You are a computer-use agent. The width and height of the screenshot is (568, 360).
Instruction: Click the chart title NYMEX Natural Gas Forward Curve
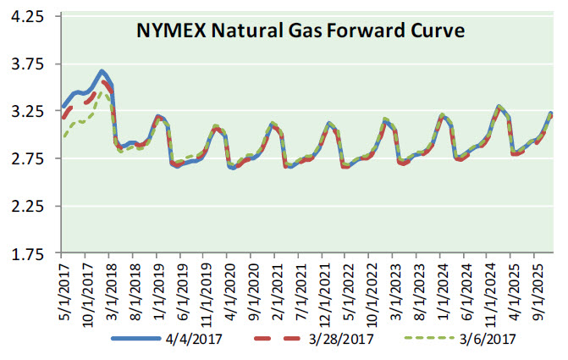301,32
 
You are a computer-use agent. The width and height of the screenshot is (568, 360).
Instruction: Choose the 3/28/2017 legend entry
341,339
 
